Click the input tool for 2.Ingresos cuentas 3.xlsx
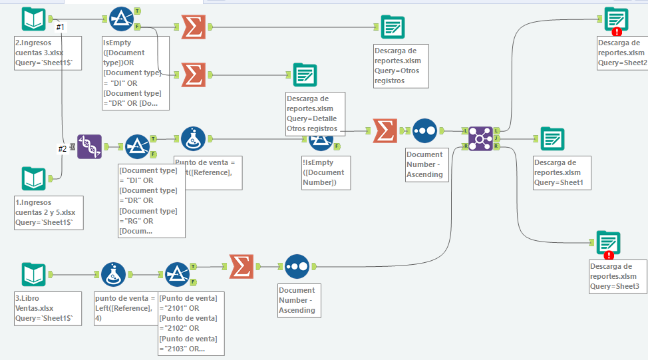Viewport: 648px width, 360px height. tap(33, 19)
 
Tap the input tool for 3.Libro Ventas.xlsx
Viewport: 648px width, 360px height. tap(33, 274)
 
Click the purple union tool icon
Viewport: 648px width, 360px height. tap(89, 146)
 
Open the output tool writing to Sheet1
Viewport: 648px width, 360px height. tap(552, 138)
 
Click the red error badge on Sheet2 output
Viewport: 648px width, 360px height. tap(617, 31)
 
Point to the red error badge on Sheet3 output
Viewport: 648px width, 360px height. tap(609, 255)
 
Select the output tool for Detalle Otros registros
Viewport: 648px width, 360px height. tap(305, 75)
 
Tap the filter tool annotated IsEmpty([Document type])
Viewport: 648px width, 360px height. tap(120, 20)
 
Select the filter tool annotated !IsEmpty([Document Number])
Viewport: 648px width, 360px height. tap(321, 138)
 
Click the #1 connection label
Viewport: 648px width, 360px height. tap(60, 27)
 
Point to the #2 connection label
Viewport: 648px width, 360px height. tap(63, 149)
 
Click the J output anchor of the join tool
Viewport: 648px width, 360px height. tap(497, 138)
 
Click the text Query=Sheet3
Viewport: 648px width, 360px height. tap(614, 287)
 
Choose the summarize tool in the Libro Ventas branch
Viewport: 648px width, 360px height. tap(242, 266)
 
